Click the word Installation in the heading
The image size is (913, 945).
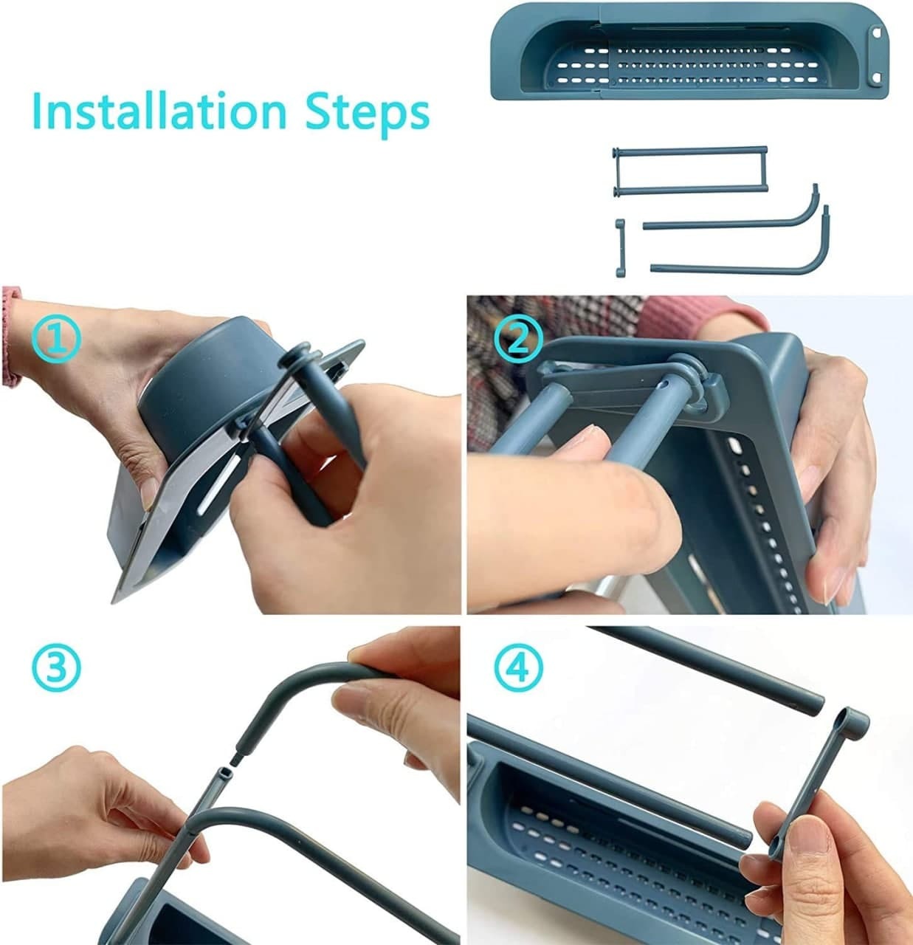159,111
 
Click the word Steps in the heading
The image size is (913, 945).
368,114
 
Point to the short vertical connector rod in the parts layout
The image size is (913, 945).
620,248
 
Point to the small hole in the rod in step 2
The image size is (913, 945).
664,384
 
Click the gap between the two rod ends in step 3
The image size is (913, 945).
231,763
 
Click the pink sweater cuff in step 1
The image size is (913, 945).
10,335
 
